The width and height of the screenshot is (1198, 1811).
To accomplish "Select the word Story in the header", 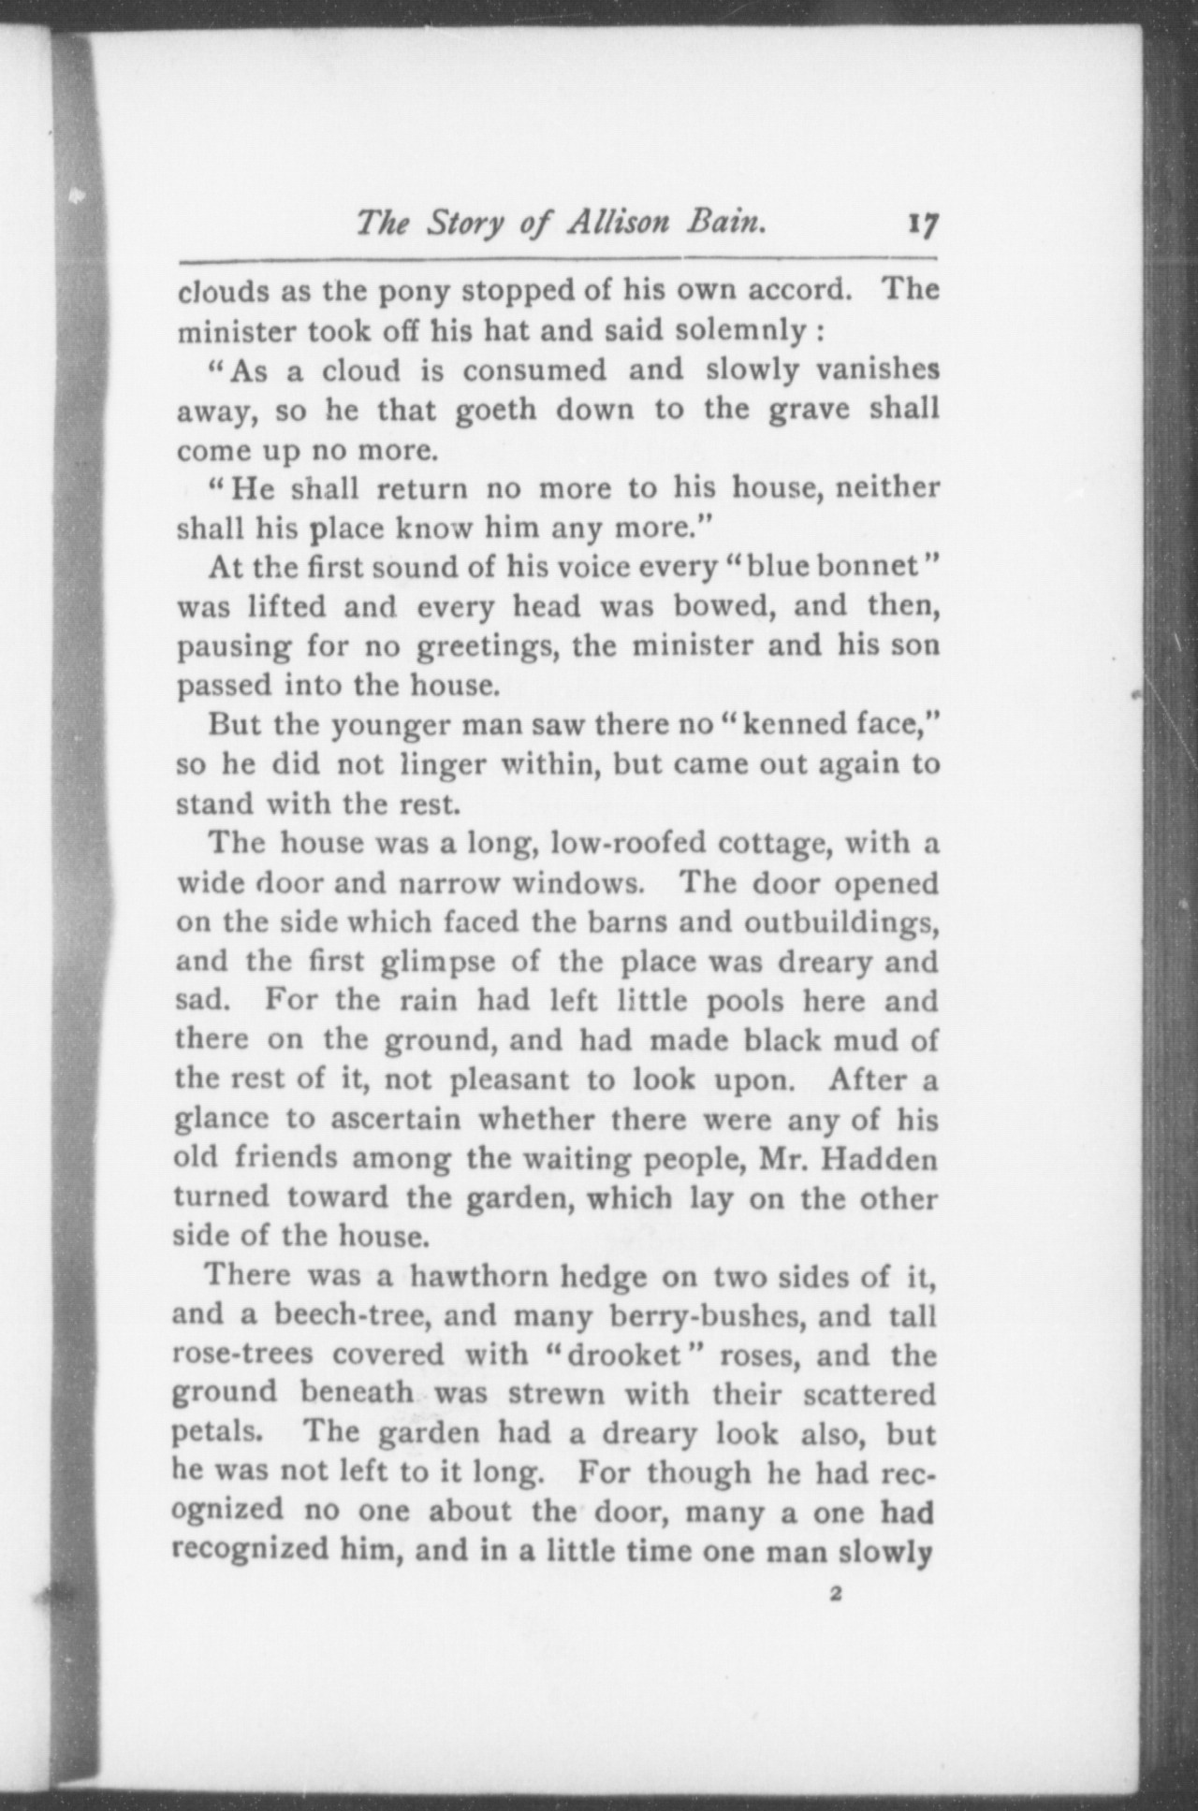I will click(x=461, y=225).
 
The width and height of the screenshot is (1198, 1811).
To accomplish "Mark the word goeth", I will click(x=496, y=410).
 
